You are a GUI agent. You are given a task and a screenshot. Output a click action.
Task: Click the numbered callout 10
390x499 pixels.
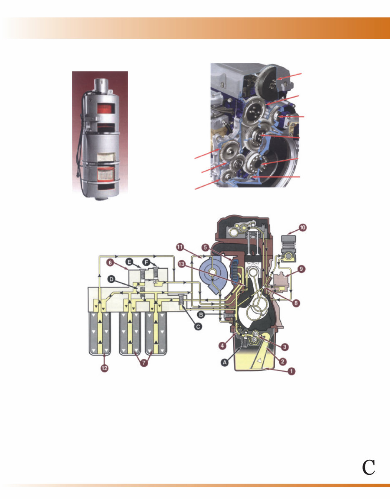(x=302, y=228)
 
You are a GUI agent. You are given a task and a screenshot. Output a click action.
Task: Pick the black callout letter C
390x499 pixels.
(x=199, y=327)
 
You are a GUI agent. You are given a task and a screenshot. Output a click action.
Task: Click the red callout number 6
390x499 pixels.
(x=111, y=262)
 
